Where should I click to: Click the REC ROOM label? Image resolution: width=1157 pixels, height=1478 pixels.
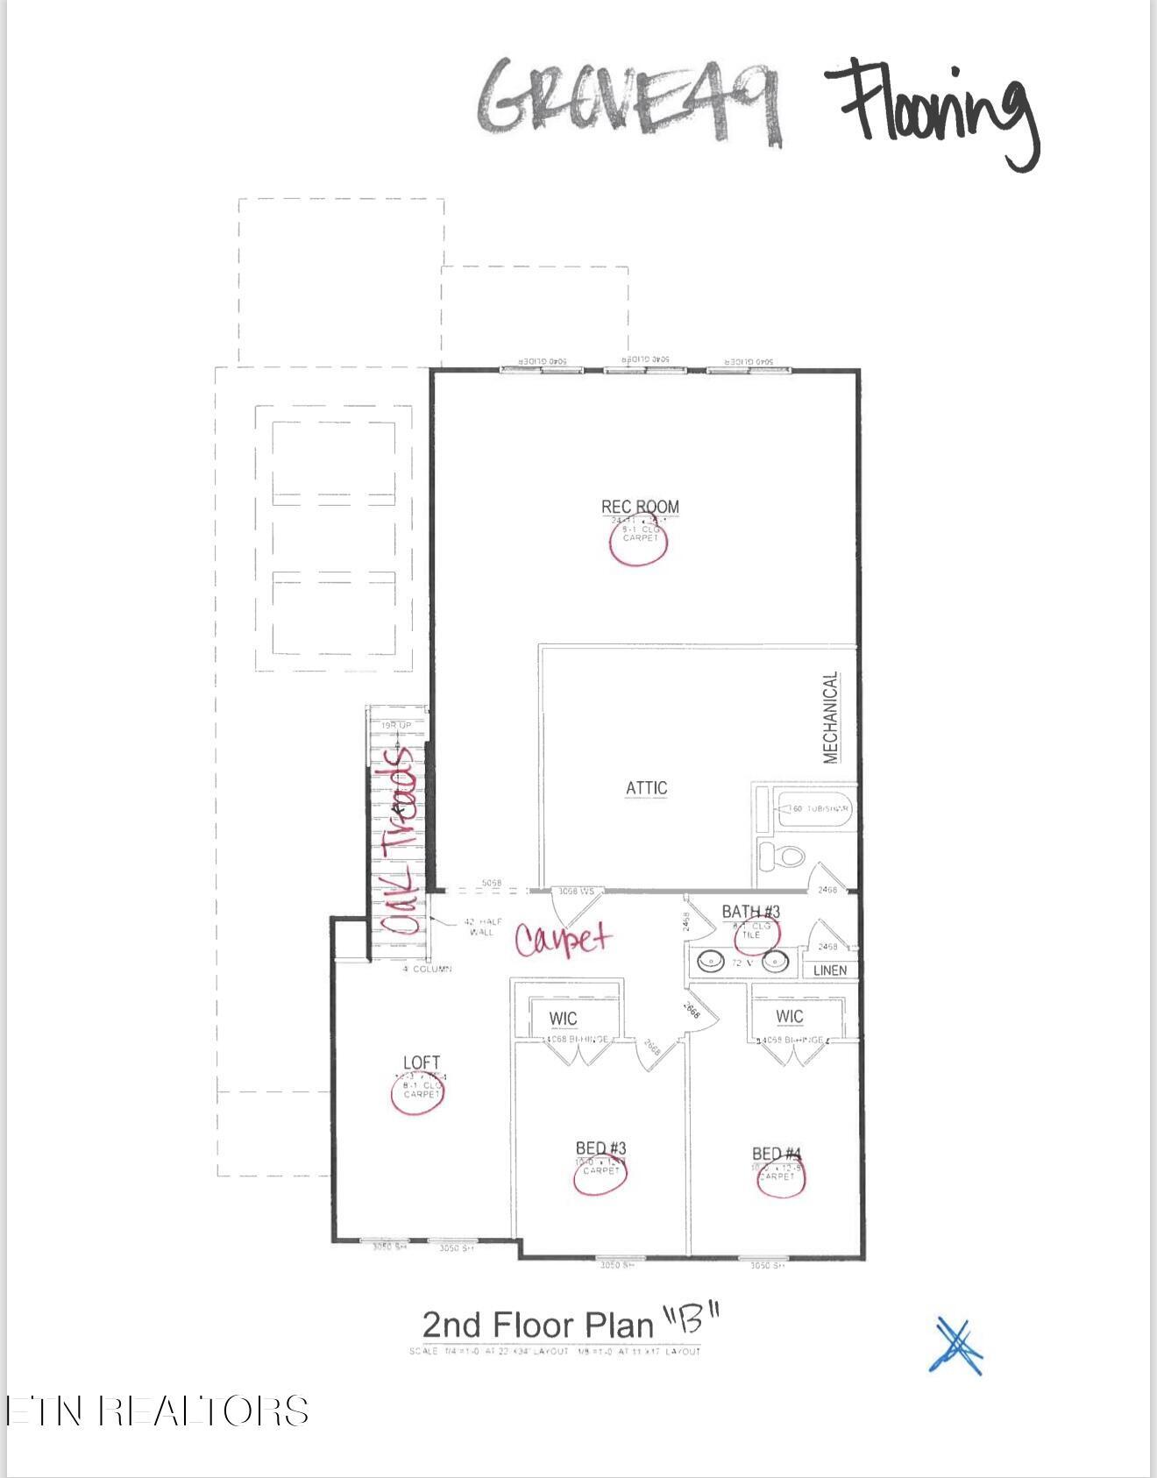tap(640, 506)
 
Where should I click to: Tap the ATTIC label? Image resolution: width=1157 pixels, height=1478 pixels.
tap(646, 788)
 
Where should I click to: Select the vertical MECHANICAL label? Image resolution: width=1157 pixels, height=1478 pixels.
tap(831, 717)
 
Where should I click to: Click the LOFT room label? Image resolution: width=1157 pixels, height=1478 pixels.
tap(422, 1062)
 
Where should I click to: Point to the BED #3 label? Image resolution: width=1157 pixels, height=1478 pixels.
tap(600, 1148)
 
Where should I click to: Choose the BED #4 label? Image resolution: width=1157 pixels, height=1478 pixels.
tap(777, 1154)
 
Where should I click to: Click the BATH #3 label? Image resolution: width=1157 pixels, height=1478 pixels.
tap(750, 912)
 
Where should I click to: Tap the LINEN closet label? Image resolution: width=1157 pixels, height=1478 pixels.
tap(829, 970)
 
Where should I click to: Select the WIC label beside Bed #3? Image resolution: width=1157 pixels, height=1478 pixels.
tap(563, 1018)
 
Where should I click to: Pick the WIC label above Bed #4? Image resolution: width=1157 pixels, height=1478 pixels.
tap(789, 1016)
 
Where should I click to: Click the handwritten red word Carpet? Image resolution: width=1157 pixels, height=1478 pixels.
tap(563, 939)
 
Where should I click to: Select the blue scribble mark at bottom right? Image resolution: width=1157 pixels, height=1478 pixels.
tap(956, 1346)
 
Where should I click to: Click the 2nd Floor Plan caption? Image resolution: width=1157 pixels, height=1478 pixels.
tap(570, 1324)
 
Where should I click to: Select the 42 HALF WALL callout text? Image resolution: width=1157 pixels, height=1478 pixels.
tap(482, 927)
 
